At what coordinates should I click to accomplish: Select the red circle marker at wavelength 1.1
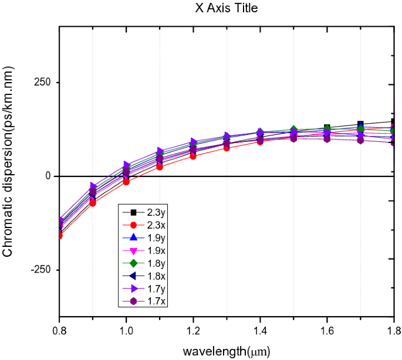(x=160, y=167)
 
